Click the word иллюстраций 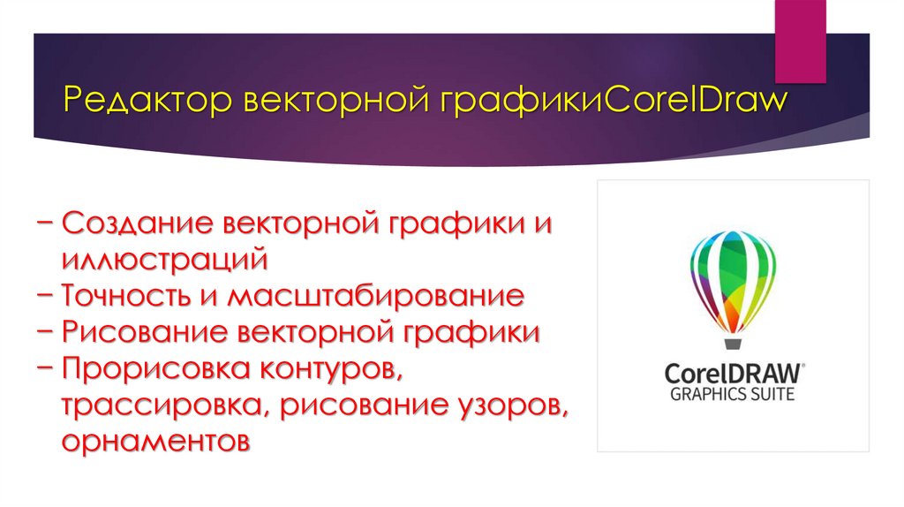tap(164, 259)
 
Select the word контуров tap(332, 368)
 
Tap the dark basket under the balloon tap(732, 342)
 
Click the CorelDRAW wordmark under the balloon tap(732, 371)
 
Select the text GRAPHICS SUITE tap(732, 394)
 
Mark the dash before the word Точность tap(50, 295)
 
